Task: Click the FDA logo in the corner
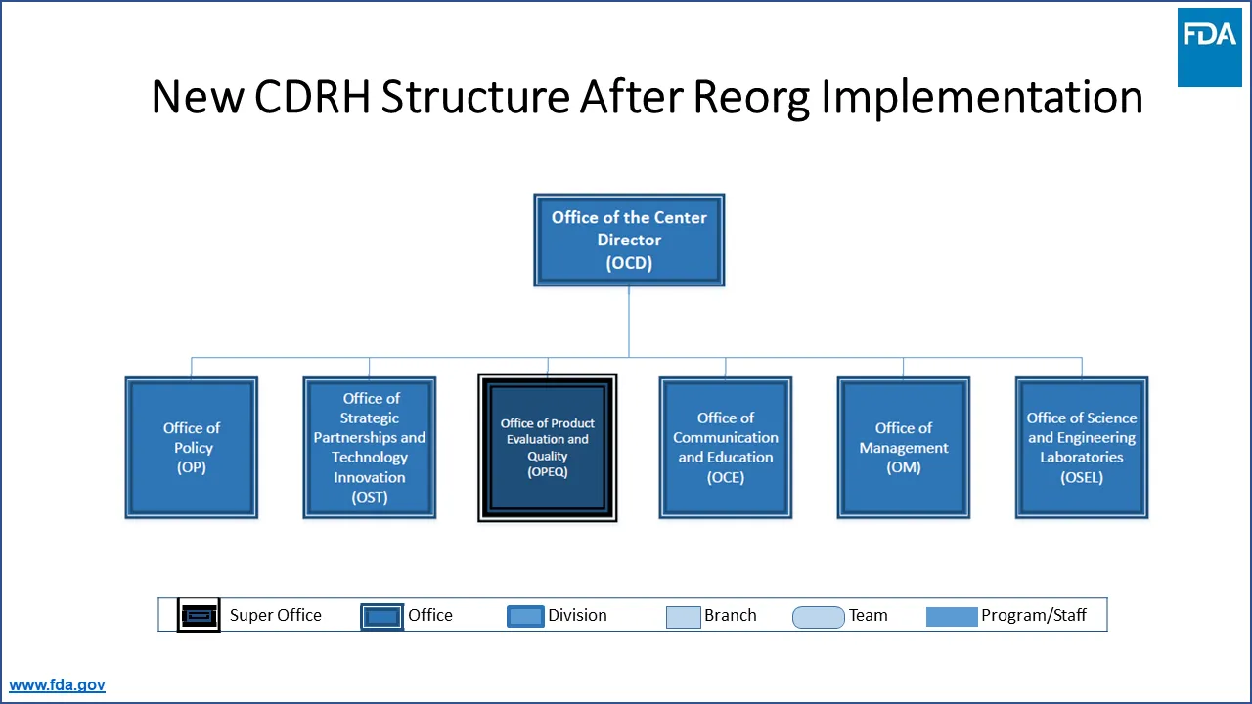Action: coord(1209,47)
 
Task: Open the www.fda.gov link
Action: coord(57,685)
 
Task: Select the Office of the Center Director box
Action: coord(629,240)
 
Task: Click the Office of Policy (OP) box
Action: coord(192,448)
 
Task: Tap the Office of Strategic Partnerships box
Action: coord(370,448)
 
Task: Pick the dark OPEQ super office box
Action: coord(548,448)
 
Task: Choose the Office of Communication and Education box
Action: coord(726,448)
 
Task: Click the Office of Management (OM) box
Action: coord(904,448)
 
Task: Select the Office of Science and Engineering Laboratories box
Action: coord(1082,448)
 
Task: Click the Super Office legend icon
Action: coord(199,616)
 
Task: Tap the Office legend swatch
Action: coord(381,616)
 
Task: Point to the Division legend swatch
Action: coord(525,616)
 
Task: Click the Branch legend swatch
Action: coord(683,616)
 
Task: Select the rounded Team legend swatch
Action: coord(818,616)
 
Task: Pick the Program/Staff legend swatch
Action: coord(951,616)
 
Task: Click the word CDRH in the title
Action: coord(313,98)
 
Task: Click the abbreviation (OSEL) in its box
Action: coord(1082,478)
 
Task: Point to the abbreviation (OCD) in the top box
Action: coord(629,263)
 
